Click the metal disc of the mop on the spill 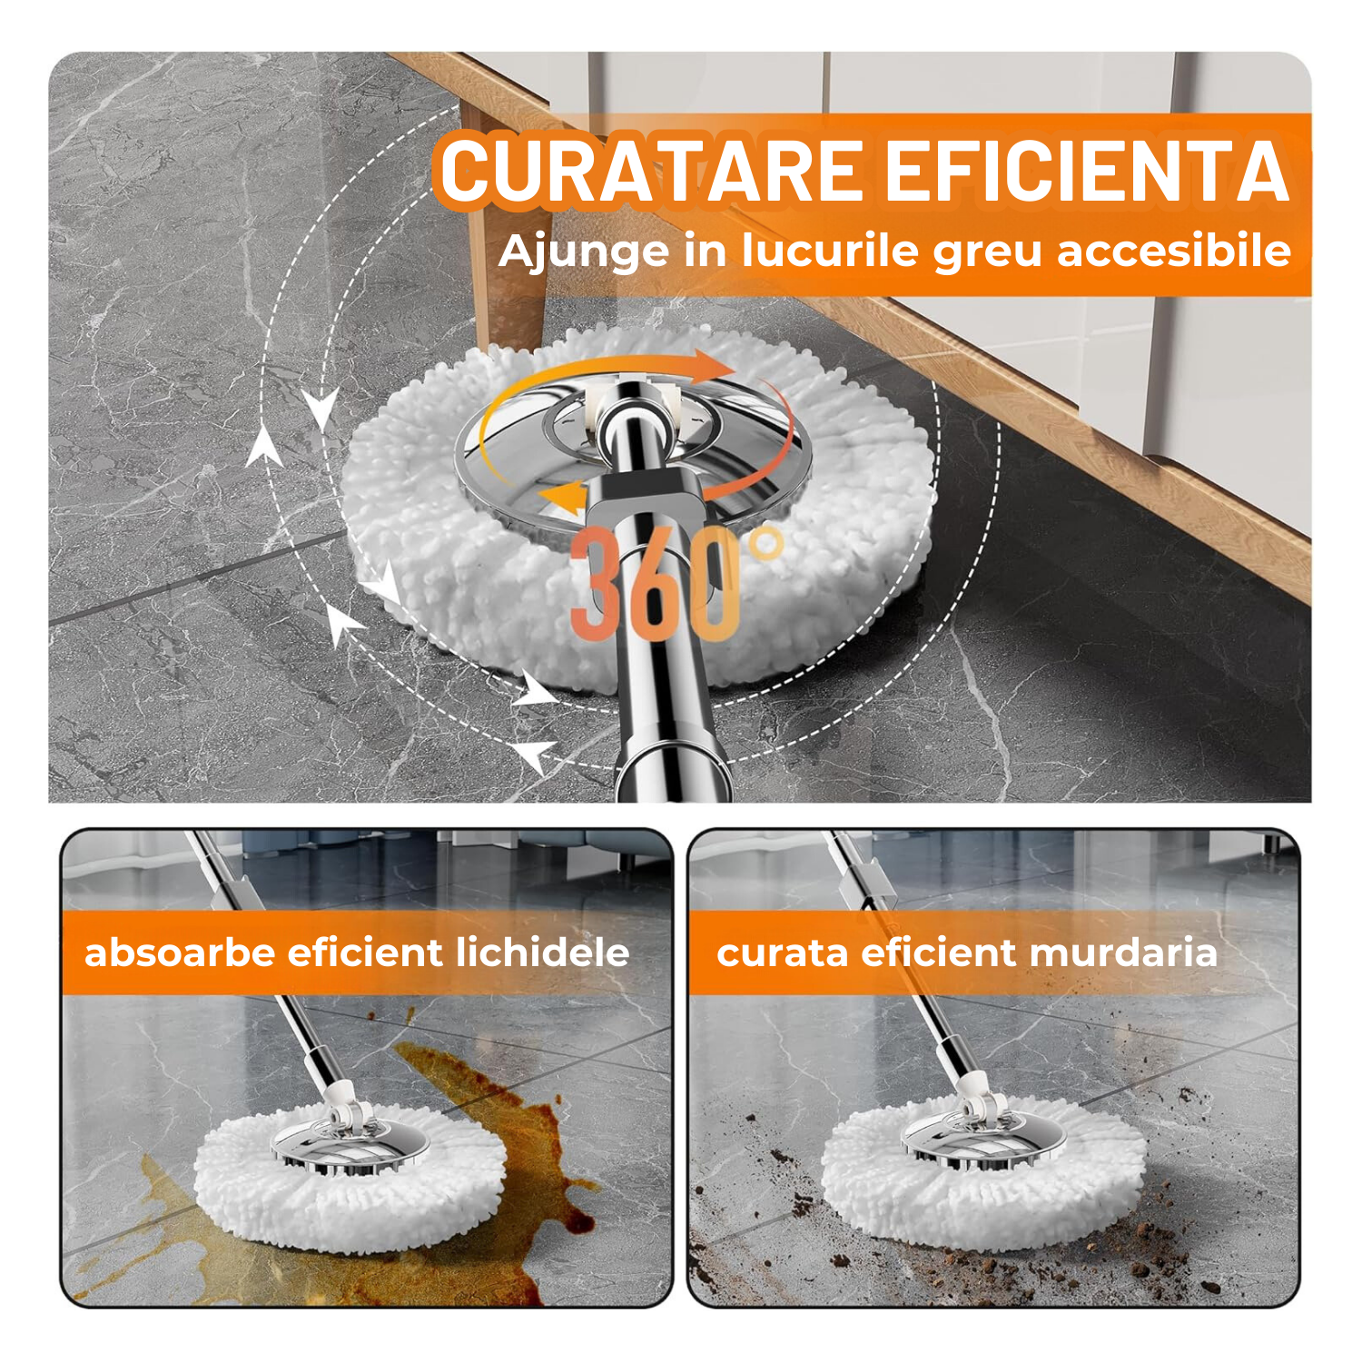[x=350, y=1147]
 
